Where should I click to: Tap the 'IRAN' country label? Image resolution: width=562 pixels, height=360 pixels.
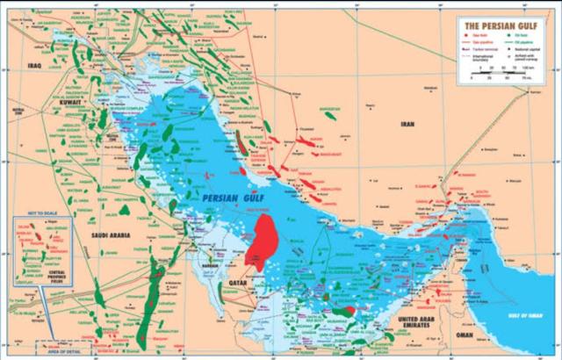(406, 126)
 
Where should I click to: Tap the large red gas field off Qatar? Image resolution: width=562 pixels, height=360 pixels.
(263, 240)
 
